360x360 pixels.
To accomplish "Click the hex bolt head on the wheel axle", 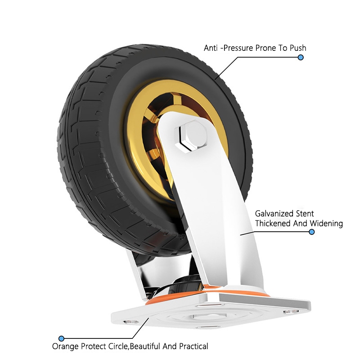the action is [x=191, y=135].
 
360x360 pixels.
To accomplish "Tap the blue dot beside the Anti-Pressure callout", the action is [x=301, y=58].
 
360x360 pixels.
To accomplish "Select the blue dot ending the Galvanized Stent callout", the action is [x=311, y=232].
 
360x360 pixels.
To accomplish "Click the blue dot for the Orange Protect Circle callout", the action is [x=62, y=338].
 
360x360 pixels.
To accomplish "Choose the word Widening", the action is [x=327, y=224].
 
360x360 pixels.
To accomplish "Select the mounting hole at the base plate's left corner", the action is [x=130, y=321].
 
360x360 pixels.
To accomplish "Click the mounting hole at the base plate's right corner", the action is [x=288, y=310].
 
